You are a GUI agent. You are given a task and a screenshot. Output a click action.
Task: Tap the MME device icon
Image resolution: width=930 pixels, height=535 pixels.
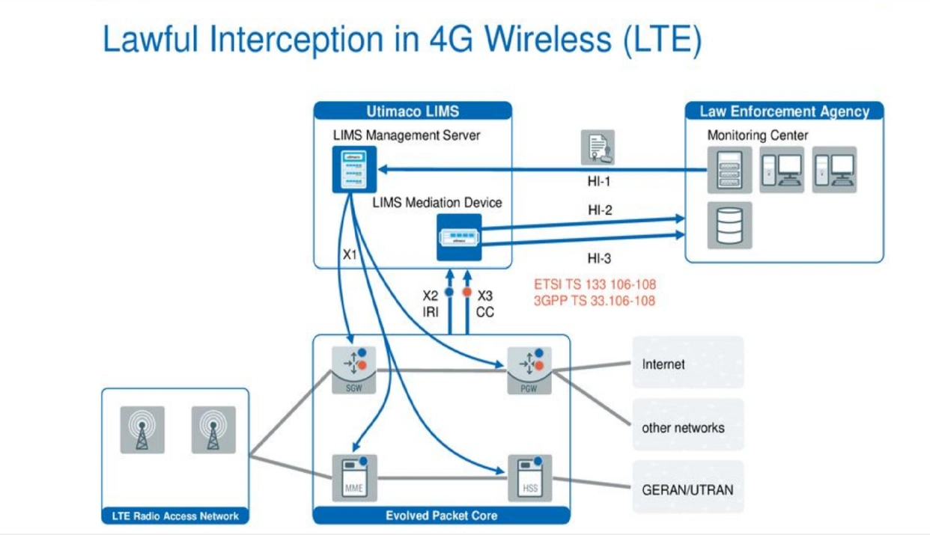354,477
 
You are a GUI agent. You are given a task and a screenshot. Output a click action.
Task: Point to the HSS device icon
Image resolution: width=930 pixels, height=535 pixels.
529,477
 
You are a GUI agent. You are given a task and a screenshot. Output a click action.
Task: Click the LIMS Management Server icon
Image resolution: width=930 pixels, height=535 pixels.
350,169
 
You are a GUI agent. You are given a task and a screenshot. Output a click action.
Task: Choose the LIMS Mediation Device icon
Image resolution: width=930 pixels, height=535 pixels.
459,237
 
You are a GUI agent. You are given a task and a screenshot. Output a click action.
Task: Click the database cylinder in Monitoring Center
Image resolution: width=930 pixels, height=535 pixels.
729,224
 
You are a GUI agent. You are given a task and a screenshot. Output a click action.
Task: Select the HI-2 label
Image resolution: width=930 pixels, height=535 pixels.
600,211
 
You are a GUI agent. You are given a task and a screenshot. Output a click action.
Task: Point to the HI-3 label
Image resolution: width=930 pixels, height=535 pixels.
600,259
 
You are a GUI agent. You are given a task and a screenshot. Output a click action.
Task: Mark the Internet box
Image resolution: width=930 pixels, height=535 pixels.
687,364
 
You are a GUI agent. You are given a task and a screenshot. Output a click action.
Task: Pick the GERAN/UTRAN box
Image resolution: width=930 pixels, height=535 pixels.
687,490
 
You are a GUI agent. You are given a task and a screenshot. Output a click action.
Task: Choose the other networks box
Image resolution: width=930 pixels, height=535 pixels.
687,427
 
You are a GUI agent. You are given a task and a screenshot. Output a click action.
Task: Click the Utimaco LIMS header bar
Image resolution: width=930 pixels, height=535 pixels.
413,111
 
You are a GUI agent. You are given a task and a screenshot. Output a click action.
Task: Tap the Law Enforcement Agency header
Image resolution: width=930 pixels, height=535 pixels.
784,111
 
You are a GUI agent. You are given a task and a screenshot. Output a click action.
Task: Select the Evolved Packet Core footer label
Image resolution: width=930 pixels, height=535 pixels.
441,516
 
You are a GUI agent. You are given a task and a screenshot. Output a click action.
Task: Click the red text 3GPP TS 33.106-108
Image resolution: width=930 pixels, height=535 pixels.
595,301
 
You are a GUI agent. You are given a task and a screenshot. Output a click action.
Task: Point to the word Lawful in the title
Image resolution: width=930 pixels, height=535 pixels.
150,39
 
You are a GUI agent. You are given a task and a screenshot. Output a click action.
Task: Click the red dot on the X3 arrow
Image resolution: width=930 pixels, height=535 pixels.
466,292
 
